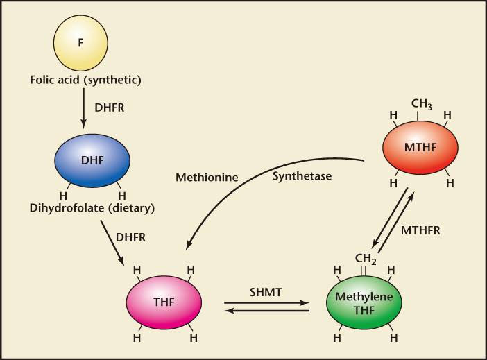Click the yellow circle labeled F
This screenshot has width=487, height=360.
[x=80, y=42]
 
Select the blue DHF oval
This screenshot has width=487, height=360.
[x=92, y=161]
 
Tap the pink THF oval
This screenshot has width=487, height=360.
[x=164, y=302]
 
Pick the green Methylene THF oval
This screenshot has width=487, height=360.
[x=364, y=302]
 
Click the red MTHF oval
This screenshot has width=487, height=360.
[x=420, y=147]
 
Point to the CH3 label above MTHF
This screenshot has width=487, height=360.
[x=422, y=104]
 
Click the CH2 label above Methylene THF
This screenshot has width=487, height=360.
[x=366, y=259]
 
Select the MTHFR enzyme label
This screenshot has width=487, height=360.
[x=420, y=230]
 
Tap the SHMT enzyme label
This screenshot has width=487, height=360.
[x=266, y=292]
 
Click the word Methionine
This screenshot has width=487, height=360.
[x=207, y=178]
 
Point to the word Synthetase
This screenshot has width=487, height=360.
[x=302, y=176]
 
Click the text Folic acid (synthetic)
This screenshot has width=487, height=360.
[x=85, y=80]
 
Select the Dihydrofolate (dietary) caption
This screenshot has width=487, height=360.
[x=92, y=208]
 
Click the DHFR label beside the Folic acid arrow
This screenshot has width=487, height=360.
[x=110, y=108]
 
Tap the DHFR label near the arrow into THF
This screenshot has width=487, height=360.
[x=130, y=238]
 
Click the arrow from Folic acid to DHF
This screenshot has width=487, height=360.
[x=83, y=108]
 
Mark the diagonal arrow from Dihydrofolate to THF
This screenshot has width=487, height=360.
[x=112, y=243]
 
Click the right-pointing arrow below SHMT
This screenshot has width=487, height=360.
[x=266, y=302]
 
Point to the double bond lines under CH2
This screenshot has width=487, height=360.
[x=364, y=271]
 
